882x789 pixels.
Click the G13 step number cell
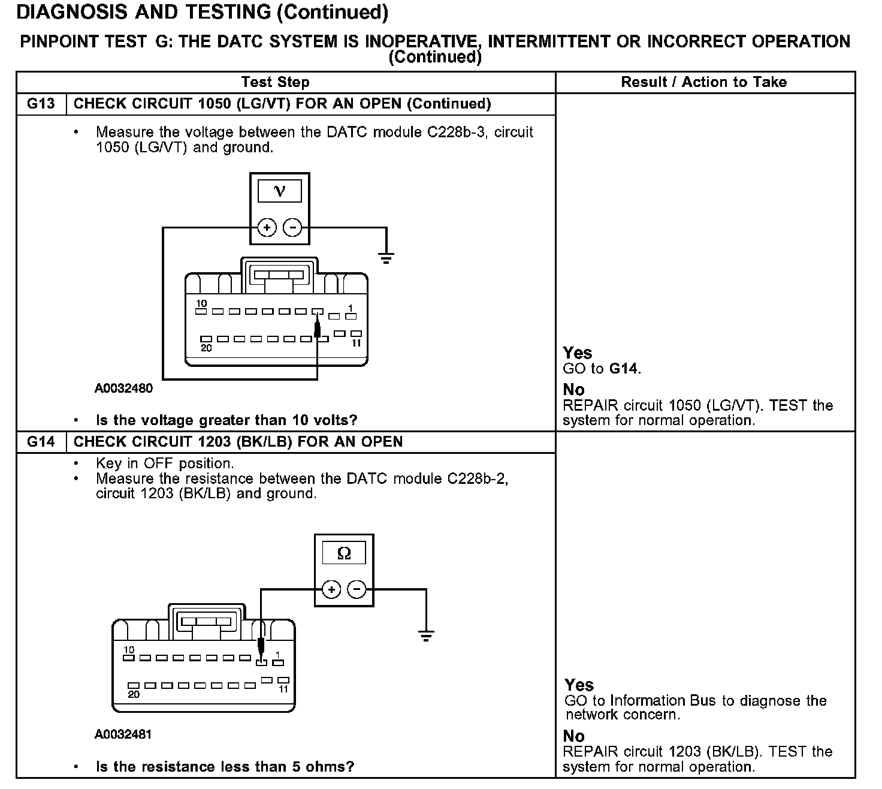(41, 104)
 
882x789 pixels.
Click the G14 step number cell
(41, 442)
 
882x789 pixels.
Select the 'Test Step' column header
(275, 82)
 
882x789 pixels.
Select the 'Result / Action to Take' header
(704, 82)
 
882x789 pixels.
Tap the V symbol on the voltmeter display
(279, 191)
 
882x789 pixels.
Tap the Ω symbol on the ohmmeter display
(344, 553)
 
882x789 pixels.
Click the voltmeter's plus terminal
(267, 228)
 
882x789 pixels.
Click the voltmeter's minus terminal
(292, 228)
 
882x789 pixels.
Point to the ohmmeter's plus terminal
(331, 589)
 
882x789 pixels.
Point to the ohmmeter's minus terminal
(357, 589)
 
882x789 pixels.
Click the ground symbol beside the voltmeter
(386, 258)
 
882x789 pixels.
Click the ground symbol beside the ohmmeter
(426, 636)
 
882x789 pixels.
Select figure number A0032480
(123, 389)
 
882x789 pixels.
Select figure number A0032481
(123, 734)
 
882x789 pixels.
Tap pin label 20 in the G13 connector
(206, 348)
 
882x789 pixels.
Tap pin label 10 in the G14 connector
(129, 650)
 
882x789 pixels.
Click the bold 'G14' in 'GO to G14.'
(624, 369)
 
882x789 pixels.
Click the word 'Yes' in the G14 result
(579, 685)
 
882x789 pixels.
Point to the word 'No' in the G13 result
(573, 390)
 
